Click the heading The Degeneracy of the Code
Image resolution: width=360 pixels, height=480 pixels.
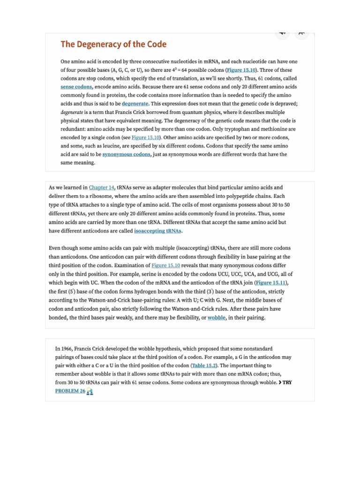113,45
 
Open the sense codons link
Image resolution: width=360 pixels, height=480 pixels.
76,87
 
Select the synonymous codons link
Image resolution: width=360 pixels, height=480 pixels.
127,154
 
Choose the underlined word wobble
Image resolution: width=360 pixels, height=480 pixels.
217,317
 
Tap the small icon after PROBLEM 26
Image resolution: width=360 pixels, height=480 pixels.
90,391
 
